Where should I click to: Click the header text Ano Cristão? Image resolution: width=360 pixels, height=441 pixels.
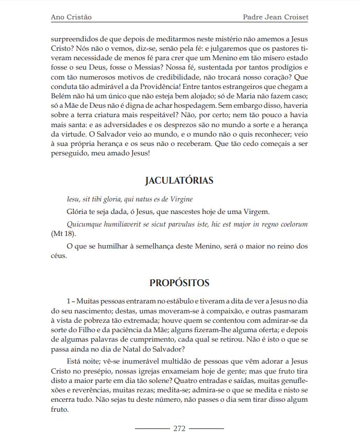(71, 17)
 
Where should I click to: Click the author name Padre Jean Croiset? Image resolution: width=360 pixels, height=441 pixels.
(276, 17)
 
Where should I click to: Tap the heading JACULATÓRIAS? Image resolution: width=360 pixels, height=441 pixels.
(179, 181)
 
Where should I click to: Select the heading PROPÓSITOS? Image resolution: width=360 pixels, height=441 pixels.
(179, 283)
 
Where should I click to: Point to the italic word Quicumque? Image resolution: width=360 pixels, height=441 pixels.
(85, 224)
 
